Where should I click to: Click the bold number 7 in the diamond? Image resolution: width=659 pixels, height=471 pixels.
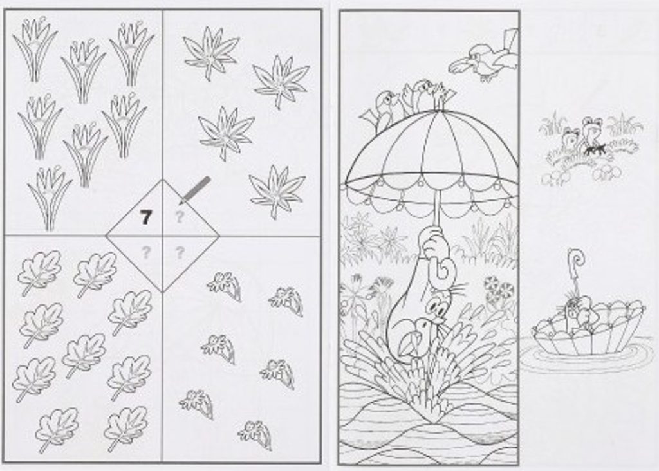(145, 217)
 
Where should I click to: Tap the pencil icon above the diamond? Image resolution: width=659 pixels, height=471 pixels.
(194, 190)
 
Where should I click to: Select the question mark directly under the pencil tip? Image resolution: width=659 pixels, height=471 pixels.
(180, 217)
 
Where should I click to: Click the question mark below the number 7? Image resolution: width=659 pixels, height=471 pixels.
(146, 252)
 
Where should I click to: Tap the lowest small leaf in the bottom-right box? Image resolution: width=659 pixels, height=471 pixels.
(255, 434)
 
